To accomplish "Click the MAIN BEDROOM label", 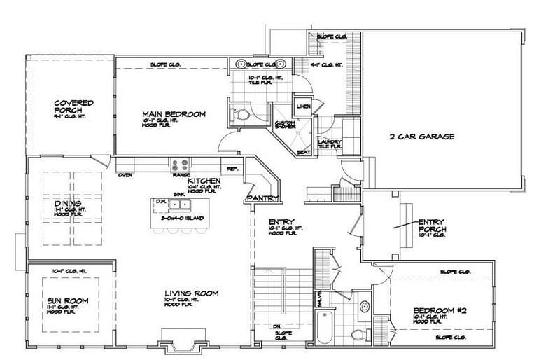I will click(174, 114).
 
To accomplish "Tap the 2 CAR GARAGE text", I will click(422, 137).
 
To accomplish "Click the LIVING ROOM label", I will click(192, 293).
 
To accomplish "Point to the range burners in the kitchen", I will click(179, 165).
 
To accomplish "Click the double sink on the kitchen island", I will click(182, 205).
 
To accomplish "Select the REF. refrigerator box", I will click(230, 169).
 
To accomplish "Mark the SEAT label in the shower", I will click(304, 152).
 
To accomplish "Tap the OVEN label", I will click(126, 174).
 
